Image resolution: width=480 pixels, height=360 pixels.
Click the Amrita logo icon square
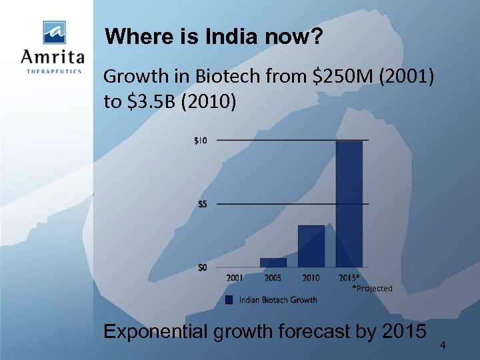55,33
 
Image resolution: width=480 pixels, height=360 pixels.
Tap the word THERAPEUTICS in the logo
54,71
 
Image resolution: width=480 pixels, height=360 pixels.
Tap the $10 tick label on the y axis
200,141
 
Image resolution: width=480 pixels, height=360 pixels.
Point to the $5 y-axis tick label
202,204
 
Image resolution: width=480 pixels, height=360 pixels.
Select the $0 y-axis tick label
201,267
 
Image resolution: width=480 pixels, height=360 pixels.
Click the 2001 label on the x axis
235,278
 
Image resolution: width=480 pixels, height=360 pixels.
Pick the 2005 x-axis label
273,278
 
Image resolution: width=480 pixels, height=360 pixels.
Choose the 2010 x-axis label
311,278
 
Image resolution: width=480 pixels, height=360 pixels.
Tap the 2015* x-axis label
349,278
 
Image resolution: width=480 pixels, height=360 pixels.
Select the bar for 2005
273,263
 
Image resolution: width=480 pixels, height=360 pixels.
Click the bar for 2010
311,246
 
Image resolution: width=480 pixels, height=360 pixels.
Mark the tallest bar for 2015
349,204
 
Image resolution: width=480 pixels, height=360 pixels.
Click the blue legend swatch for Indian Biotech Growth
229,300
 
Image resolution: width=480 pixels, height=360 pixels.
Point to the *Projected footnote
373,289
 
